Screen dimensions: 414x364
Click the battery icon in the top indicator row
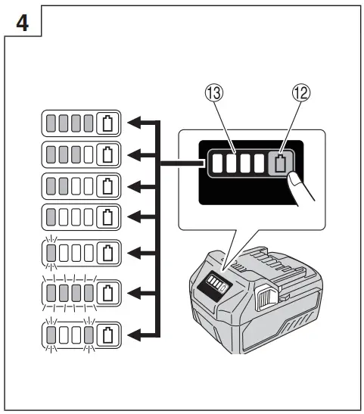[x=107, y=123]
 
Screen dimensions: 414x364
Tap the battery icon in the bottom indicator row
[x=107, y=334]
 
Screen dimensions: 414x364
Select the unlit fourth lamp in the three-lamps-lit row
[x=89, y=154]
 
